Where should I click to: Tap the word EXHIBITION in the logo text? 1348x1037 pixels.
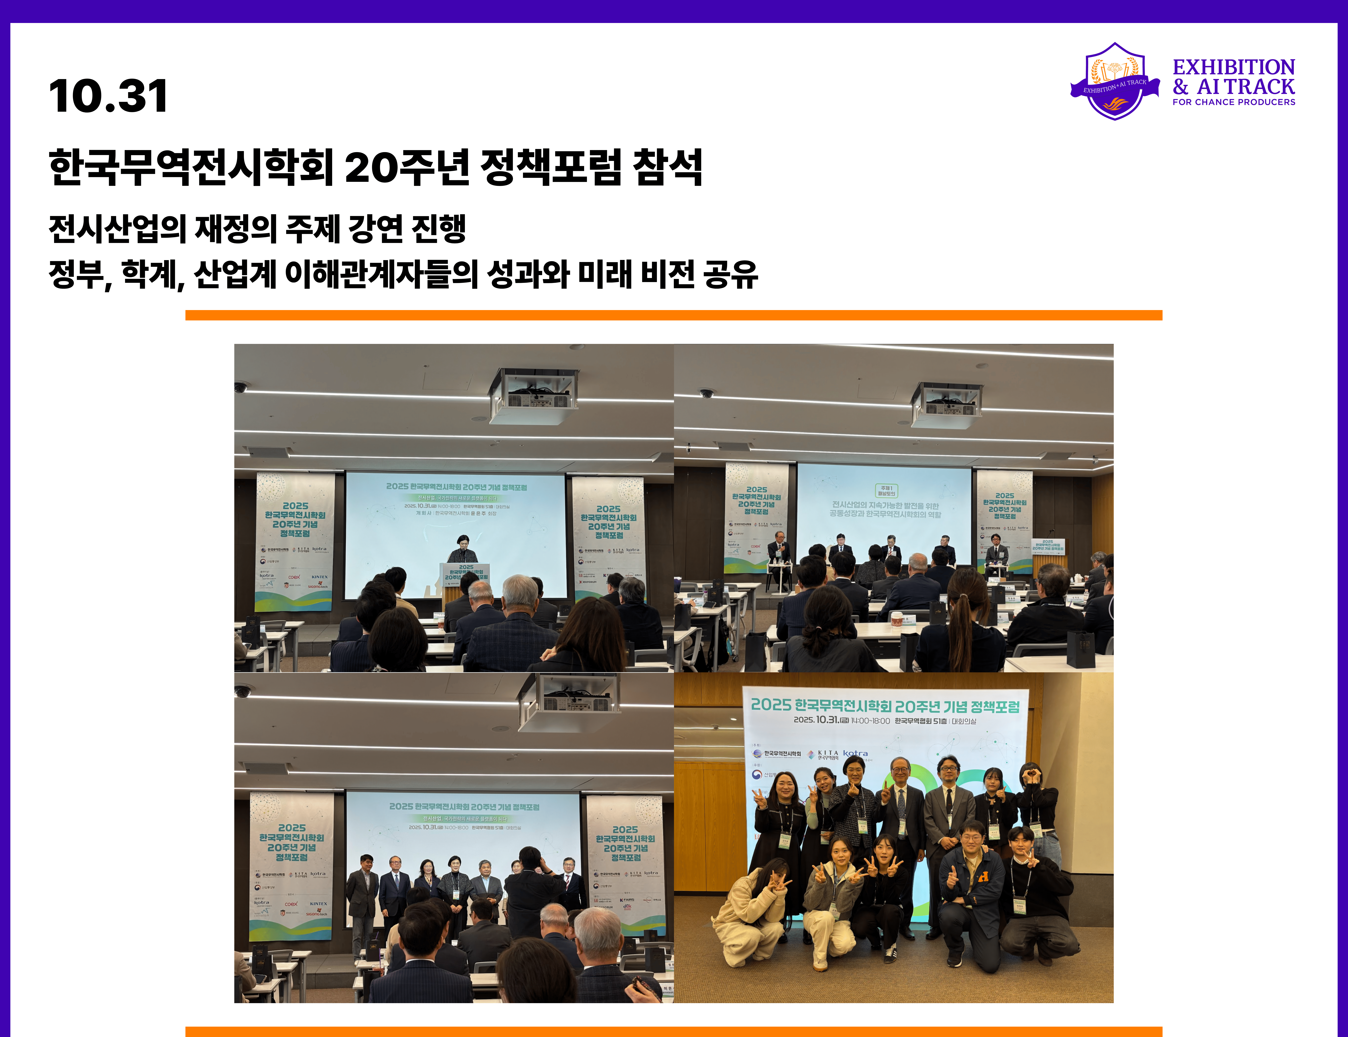click(1233, 67)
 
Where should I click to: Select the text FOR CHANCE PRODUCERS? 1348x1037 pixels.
click(1233, 102)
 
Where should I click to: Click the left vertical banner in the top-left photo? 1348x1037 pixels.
click(295, 540)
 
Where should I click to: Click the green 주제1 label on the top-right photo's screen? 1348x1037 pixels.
click(886, 491)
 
